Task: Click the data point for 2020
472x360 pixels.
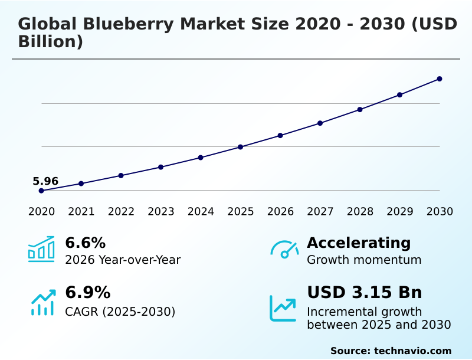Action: click(41, 191)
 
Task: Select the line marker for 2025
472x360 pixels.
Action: click(240, 147)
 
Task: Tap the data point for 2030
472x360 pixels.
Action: click(440, 79)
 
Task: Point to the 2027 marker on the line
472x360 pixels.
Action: click(320, 123)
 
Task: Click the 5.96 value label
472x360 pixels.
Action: click(45, 181)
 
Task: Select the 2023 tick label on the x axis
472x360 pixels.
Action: click(160, 212)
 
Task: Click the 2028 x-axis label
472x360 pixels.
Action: click(360, 212)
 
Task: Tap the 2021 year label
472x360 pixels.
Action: click(81, 212)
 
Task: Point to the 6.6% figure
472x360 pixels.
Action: click(85, 243)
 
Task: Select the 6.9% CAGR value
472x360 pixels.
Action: click(87, 293)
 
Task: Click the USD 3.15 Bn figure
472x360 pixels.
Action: click(364, 293)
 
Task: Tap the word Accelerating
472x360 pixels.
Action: click(359, 243)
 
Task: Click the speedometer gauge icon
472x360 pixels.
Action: click(284, 250)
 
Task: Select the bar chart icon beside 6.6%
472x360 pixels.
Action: click(41, 249)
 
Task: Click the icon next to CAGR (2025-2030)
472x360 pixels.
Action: click(42, 302)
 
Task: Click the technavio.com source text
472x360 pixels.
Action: click(412, 351)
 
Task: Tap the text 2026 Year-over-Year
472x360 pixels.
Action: click(123, 260)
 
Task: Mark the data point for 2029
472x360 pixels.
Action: click(399, 95)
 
